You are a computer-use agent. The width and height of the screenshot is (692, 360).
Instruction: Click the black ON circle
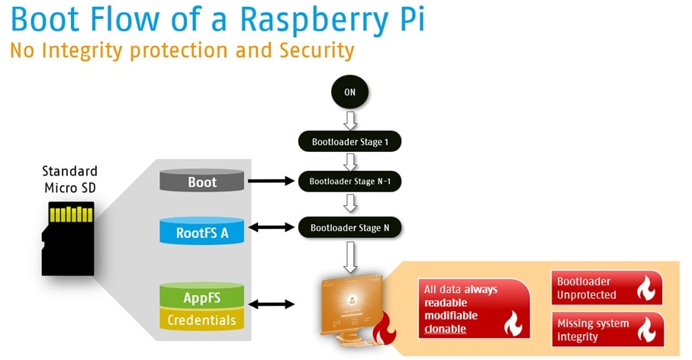[x=349, y=92]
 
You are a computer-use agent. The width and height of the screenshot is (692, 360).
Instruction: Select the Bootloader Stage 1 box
[x=349, y=141]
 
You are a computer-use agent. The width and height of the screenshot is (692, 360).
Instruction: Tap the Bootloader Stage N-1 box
[x=349, y=182]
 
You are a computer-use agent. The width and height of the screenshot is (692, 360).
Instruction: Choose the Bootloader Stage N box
[x=349, y=227]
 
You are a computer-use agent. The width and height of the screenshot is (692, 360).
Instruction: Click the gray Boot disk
[x=202, y=182]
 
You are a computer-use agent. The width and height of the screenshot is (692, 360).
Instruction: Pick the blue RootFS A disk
[x=202, y=231]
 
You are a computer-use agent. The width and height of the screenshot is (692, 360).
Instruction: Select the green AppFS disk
[x=202, y=296]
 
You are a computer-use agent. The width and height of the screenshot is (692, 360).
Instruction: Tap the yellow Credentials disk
[x=202, y=320]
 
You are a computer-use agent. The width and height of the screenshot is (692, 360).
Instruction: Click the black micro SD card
[x=68, y=238]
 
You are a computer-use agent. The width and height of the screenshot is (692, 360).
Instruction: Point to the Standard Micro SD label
[x=69, y=179]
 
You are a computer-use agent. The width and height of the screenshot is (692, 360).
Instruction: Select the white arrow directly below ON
[x=349, y=120]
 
